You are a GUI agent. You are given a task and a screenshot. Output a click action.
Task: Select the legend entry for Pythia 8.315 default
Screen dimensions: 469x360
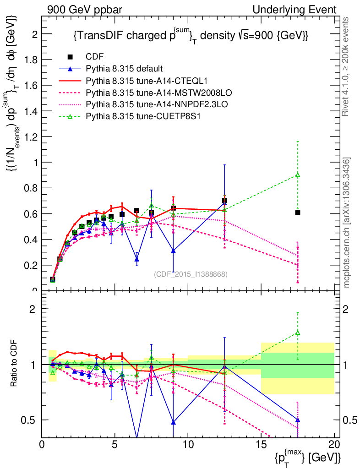[x=124, y=69]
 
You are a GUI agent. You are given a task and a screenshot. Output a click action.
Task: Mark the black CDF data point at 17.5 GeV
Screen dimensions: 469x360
[x=298, y=213]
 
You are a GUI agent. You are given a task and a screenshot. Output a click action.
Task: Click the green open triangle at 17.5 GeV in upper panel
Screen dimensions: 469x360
[x=298, y=175]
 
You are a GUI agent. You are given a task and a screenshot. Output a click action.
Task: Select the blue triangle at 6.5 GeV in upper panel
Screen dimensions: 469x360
[x=136, y=259]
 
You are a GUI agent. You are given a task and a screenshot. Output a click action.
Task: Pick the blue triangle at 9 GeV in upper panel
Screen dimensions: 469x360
[x=173, y=251]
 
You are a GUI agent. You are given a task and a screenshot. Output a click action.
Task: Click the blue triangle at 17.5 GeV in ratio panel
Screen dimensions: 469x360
[x=298, y=420]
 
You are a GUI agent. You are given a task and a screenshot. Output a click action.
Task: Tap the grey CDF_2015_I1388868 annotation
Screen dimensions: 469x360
[x=191, y=274]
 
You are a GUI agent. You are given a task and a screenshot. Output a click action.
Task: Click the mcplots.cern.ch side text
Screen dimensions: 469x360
[x=347, y=223]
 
